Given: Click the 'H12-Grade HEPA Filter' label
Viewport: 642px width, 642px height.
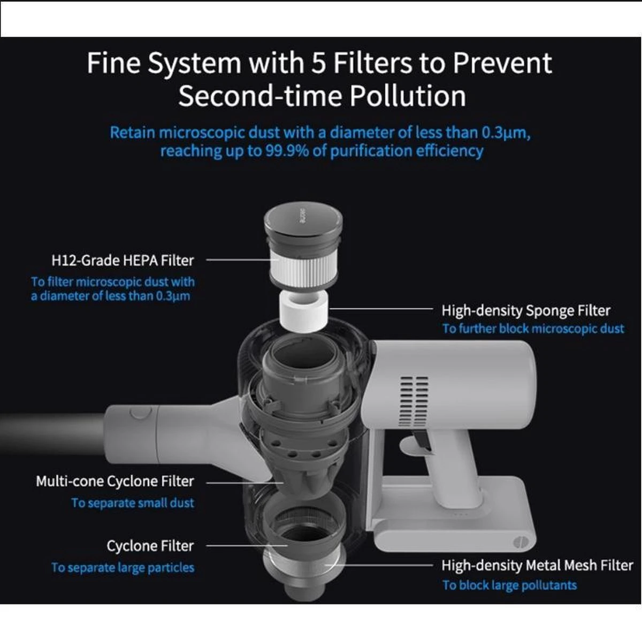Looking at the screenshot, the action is (123, 261).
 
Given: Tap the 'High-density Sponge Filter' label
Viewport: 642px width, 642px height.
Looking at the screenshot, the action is (526, 310).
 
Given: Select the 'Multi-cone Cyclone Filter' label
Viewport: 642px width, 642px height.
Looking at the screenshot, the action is (115, 481).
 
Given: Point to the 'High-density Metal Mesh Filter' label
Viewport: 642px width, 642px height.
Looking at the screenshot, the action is (537, 565).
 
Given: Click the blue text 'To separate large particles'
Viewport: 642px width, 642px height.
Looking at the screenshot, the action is (123, 568).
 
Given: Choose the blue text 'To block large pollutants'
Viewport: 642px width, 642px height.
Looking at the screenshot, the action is (509, 585).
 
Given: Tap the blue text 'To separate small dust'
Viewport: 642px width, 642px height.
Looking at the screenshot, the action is (133, 503).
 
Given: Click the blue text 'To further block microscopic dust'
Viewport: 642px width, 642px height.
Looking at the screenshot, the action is (533, 329).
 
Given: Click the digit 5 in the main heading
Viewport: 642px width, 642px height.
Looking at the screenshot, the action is (318, 63).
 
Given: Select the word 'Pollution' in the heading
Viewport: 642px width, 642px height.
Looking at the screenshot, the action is (408, 96).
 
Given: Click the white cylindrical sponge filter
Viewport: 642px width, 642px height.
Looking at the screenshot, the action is (303, 311).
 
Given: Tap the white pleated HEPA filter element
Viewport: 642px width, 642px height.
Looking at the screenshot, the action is (303, 269).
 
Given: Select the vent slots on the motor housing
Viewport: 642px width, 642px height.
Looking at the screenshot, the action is (414, 401).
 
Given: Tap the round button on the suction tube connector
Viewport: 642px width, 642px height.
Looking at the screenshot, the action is (141, 412).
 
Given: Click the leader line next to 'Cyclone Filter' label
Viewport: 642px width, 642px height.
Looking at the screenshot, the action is (247, 546).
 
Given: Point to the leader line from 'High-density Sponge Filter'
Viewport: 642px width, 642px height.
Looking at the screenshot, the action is (380, 309).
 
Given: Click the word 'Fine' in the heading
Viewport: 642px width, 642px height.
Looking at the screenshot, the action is (113, 63).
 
